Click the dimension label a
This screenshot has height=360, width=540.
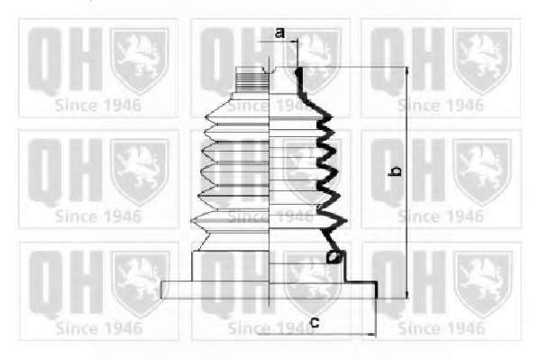[x=280, y=33]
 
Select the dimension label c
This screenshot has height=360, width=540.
[x=315, y=323]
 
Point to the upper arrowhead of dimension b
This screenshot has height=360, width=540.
[x=407, y=70]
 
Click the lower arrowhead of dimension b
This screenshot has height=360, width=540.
[x=407, y=295]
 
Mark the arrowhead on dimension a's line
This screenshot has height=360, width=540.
[x=294, y=42]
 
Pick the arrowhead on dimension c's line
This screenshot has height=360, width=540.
[x=372, y=334]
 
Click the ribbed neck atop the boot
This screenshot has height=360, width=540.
[x=252, y=79]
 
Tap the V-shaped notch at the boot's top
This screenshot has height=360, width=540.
[x=269, y=70]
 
